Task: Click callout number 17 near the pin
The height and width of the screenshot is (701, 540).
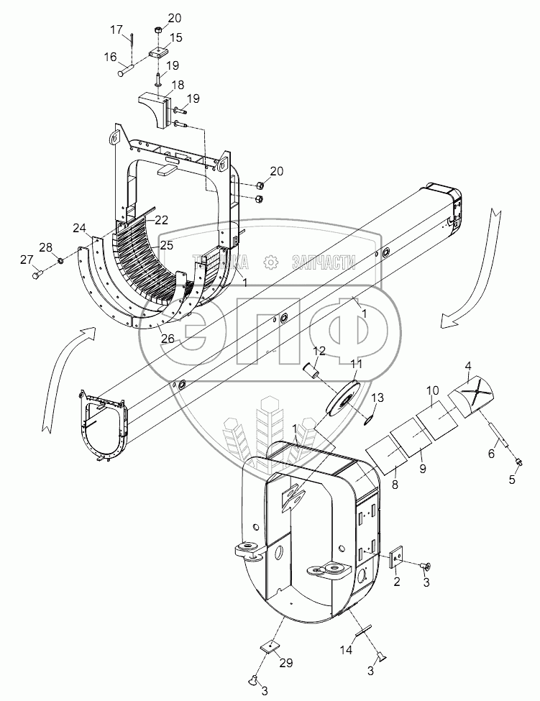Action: pos(116,29)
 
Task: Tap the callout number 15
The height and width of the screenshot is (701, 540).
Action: pos(175,37)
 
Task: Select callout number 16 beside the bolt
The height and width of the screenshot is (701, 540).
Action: pos(110,56)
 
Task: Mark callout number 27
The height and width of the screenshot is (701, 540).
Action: pos(26,259)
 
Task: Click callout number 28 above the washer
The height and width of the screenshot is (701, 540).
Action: pos(45,248)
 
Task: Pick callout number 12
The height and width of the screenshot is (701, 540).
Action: pos(319,350)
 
